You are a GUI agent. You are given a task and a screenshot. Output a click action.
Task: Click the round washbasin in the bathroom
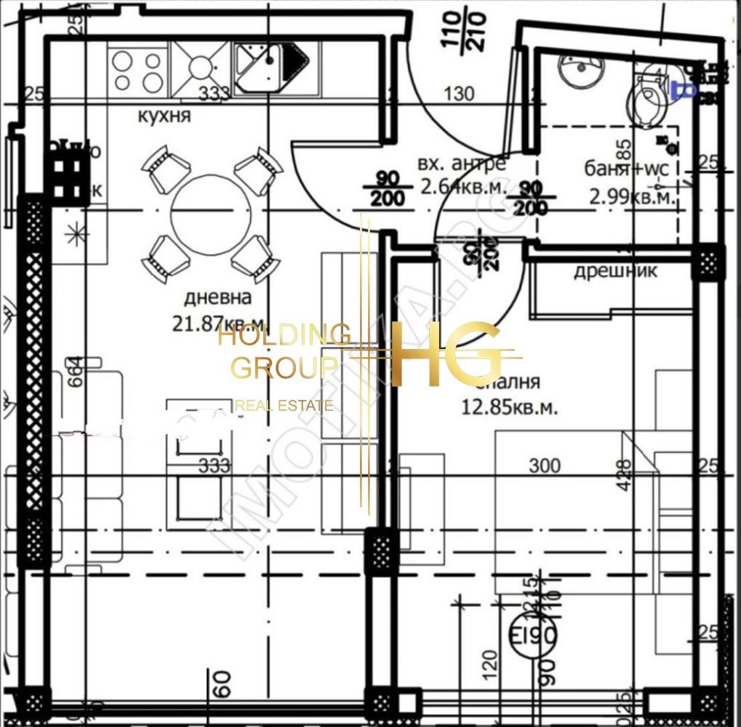pos(581,69)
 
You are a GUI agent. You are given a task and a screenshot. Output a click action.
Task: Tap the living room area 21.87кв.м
pos(218,323)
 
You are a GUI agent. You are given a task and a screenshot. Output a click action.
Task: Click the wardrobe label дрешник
pos(616,271)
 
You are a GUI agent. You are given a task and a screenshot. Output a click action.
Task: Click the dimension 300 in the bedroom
pos(545,465)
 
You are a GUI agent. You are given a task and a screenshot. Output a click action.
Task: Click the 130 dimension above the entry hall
pos(458,94)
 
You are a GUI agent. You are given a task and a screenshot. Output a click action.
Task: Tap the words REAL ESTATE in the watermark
pos(285,406)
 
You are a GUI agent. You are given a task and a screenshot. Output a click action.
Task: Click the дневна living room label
pos(217,297)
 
